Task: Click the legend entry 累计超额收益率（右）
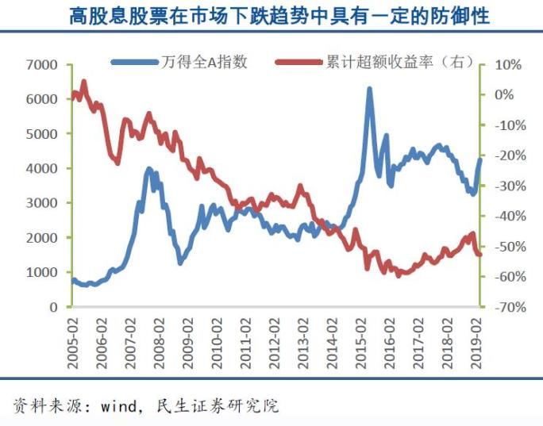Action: click(x=383, y=62)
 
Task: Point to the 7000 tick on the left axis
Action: click(x=41, y=64)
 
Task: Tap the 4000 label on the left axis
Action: click(x=41, y=168)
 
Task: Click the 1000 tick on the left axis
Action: click(x=41, y=272)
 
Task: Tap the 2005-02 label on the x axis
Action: click(x=73, y=340)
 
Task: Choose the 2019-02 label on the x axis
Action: click(x=478, y=340)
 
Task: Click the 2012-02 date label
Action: click(x=275, y=340)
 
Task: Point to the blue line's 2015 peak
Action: click(x=369, y=89)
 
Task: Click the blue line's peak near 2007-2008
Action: click(x=148, y=168)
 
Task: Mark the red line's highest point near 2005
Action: click(x=83, y=81)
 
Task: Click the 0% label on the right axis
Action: click(x=506, y=94)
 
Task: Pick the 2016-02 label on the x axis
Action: click(x=391, y=340)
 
